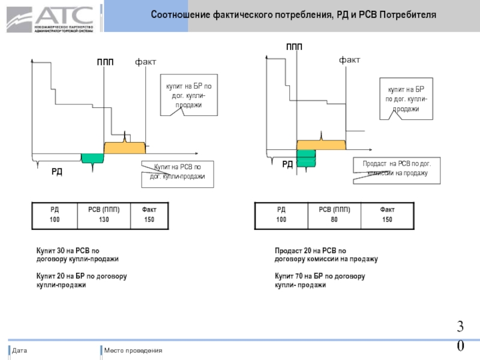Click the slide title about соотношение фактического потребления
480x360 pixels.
(x=293, y=14)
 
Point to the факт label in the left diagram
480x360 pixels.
(x=145, y=61)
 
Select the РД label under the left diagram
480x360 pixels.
(x=56, y=172)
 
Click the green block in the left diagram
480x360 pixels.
(x=92, y=158)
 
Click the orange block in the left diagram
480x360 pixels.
(x=124, y=147)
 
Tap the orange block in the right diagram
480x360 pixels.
(x=321, y=145)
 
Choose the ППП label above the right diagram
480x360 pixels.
(x=294, y=47)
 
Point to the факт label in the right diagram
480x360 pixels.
(x=350, y=60)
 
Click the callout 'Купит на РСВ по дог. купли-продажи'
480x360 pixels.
(x=177, y=173)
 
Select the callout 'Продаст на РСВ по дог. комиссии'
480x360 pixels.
(x=397, y=168)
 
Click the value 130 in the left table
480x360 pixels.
(x=104, y=220)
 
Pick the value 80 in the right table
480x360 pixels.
(x=334, y=220)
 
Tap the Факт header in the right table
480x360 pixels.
(x=387, y=209)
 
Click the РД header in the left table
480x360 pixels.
(x=55, y=209)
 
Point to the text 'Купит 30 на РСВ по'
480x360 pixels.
(x=67, y=250)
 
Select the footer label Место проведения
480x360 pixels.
(x=133, y=350)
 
